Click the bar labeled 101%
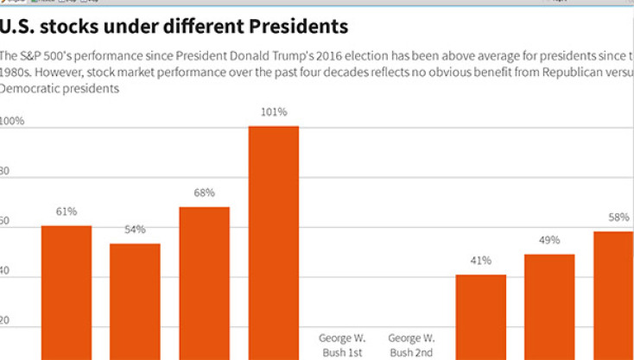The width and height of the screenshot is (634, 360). (x=274, y=242)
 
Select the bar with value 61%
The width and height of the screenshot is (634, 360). (x=67, y=292)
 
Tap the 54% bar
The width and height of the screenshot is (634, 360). (x=135, y=300)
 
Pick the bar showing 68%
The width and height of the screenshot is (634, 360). (x=205, y=282)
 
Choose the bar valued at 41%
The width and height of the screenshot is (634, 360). (x=481, y=316)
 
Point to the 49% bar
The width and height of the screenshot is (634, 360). (x=550, y=306)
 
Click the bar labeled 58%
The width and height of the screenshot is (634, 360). (x=613, y=294)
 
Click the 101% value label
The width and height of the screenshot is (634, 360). (x=274, y=112)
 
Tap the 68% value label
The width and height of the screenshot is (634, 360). (x=205, y=193)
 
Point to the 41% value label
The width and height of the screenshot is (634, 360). (x=481, y=260)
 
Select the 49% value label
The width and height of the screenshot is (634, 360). (x=550, y=240)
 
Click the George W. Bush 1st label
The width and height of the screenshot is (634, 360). (x=342, y=345)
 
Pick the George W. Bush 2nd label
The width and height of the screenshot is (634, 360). (x=411, y=345)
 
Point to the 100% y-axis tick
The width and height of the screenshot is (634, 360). (x=13, y=122)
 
